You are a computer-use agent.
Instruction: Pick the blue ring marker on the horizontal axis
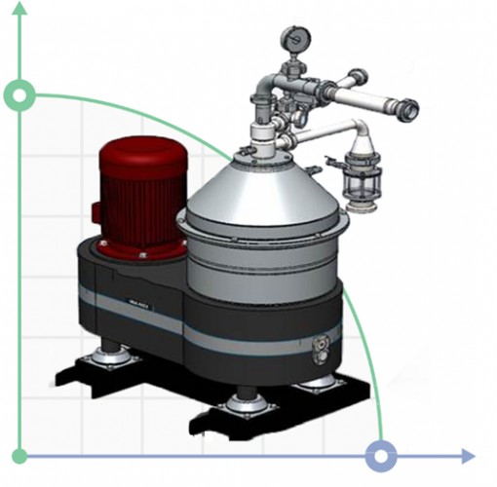(x=381, y=456)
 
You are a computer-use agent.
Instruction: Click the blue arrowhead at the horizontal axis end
(x=469, y=456)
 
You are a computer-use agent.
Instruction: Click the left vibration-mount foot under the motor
(x=109, y=358)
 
